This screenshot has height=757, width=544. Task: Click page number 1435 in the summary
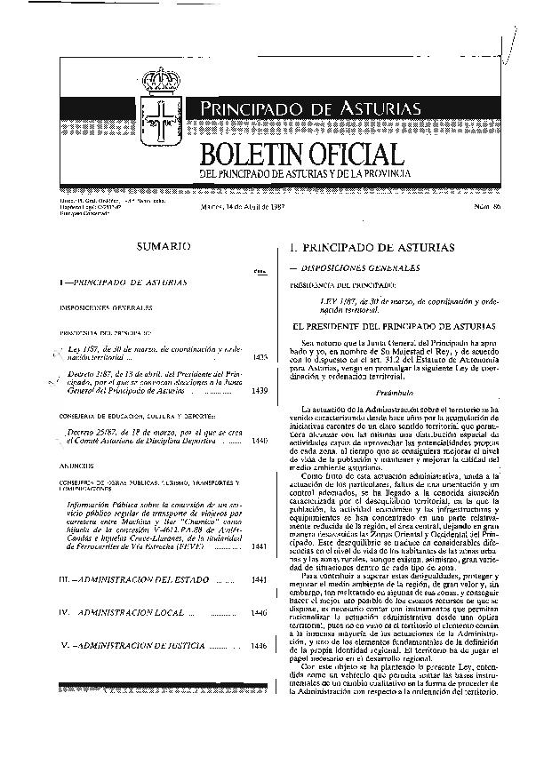[x=260, y=356]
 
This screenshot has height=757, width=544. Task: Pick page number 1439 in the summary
[x=260, y=390]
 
